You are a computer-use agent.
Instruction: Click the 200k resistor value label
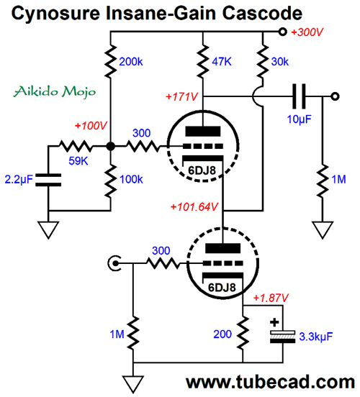131,62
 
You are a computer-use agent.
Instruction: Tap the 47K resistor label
222,62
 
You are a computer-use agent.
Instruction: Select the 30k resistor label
279,62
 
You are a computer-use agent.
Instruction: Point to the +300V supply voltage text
307,32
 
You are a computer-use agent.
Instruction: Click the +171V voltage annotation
181,96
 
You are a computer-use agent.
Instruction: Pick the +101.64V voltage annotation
194,207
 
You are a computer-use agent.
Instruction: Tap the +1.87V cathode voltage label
271,298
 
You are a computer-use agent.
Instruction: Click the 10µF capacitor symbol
299,96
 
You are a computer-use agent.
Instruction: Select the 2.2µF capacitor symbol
48,180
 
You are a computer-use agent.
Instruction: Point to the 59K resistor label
78,161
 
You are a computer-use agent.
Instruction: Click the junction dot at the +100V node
110,146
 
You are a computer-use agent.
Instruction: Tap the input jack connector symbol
114,263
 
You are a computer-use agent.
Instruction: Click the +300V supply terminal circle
282,32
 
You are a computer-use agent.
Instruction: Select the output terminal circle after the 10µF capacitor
335,96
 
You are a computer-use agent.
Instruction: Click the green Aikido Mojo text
55,91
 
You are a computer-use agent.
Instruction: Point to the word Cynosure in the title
55,13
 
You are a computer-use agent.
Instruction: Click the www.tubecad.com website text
270,382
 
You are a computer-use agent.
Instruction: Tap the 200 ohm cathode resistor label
222,334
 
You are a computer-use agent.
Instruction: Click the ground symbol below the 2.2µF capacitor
48,230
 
